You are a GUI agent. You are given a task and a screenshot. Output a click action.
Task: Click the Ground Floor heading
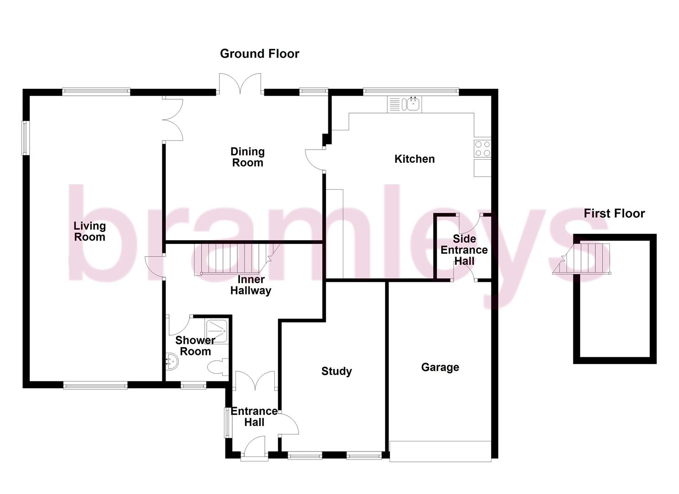(x=259, y=54)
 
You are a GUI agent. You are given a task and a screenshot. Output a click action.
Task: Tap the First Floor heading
(x=614, y=213)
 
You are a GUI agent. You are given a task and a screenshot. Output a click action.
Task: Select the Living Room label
(x=90, y=231)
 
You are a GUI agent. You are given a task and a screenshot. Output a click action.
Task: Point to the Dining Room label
(x=247, y=157)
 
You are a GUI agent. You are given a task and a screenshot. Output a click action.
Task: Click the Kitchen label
(x=414, y=159)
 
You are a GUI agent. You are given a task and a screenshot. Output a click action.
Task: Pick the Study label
(x=337, y=371)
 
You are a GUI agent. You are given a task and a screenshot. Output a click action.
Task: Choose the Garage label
(x=440, y=367)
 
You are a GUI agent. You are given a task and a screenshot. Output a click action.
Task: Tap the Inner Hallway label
(x=251, y=285)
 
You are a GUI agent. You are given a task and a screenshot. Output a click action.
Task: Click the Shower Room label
(x=195, y=346)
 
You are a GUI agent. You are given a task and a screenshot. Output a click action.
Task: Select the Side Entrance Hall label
(x=464, y=250)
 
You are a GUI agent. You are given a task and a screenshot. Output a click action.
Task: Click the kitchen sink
(x=412, y=104)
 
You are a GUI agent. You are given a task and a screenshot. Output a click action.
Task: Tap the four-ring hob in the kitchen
(x=482, y=148)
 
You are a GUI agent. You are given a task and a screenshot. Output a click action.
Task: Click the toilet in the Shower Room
(x=218, y=367)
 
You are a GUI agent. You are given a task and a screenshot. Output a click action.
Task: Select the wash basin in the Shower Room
(x=172, y=361)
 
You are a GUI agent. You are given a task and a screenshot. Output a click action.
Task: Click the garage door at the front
(x=440, y=451)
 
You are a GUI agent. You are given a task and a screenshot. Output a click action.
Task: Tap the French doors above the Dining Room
(x=240, y=85)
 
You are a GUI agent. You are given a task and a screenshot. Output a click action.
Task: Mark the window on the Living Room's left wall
(x=26, y=138)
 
